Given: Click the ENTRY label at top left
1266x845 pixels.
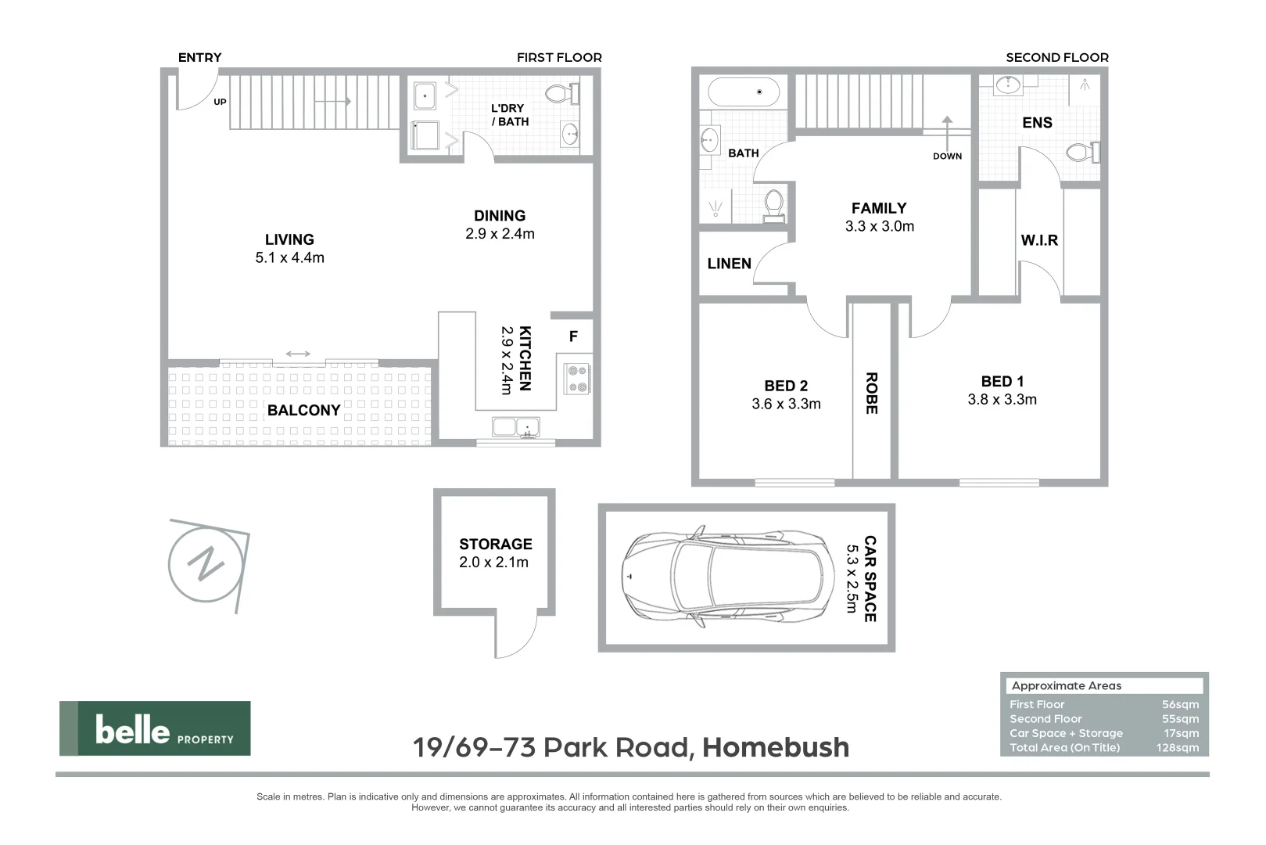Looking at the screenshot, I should (x=199, y=57).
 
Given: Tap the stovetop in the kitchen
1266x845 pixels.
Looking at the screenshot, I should (x=578, y=379).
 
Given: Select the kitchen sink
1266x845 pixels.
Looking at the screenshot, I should (x=515, y=427).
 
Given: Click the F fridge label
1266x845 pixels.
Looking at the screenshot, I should (x=573, y=336).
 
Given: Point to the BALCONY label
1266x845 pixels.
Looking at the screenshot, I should (x=303, y=410).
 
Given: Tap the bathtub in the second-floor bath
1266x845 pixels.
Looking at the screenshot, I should (x=744, y=92).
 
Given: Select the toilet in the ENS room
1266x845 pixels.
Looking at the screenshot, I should (x=1083, y=152).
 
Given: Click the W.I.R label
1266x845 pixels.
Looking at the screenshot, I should (x=1039, y=240).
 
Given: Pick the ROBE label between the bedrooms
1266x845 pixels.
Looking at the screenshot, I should (x=871, y=393).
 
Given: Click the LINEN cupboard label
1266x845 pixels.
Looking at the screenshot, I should (x=729, y=264).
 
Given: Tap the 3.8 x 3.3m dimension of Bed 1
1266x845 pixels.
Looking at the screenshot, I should (x=1002, y=400).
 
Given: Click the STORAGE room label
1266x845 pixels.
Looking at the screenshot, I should (x=495, y=544).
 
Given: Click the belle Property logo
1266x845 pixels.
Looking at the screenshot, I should (x=155, y=728).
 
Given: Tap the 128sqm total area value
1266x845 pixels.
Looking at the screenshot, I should (x=1177, y=748).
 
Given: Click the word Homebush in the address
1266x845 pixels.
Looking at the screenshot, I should (x=775, y=747).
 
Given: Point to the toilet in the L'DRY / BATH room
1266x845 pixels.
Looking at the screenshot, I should (x=560, y=94).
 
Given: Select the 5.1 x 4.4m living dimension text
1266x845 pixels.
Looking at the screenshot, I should (x=289, y=258).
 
